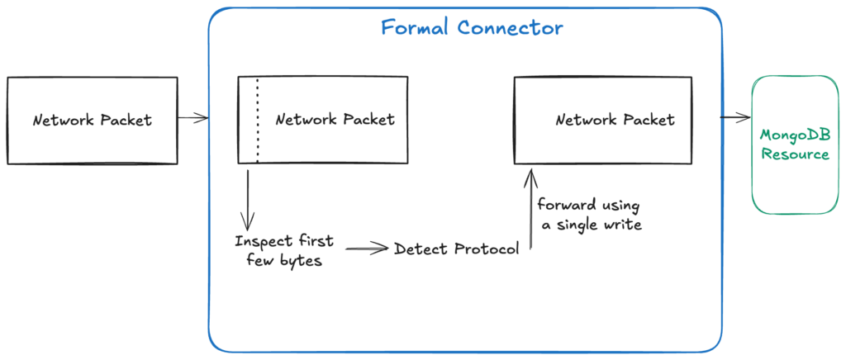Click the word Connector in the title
pyautogui.click(x=510, y=27)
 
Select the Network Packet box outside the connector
pyautogui.click(x=92, y=120)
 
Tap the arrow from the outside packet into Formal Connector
pyautogui.click(x=192, y=119)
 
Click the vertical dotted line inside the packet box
pyautogui.click(x=257, y=120)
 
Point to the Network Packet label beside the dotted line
pyautogui.click(x=335, y=120)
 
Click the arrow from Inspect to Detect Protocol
pyautogui.click(x=367, y=248)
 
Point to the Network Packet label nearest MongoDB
pyautogui.click(x=615, y=121)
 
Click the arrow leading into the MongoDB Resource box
pyautogui.click(x=734, y=117)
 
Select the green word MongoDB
pyautogui.click(x=795, y=135)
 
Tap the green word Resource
pyautogui.click(x=795, y=154)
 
